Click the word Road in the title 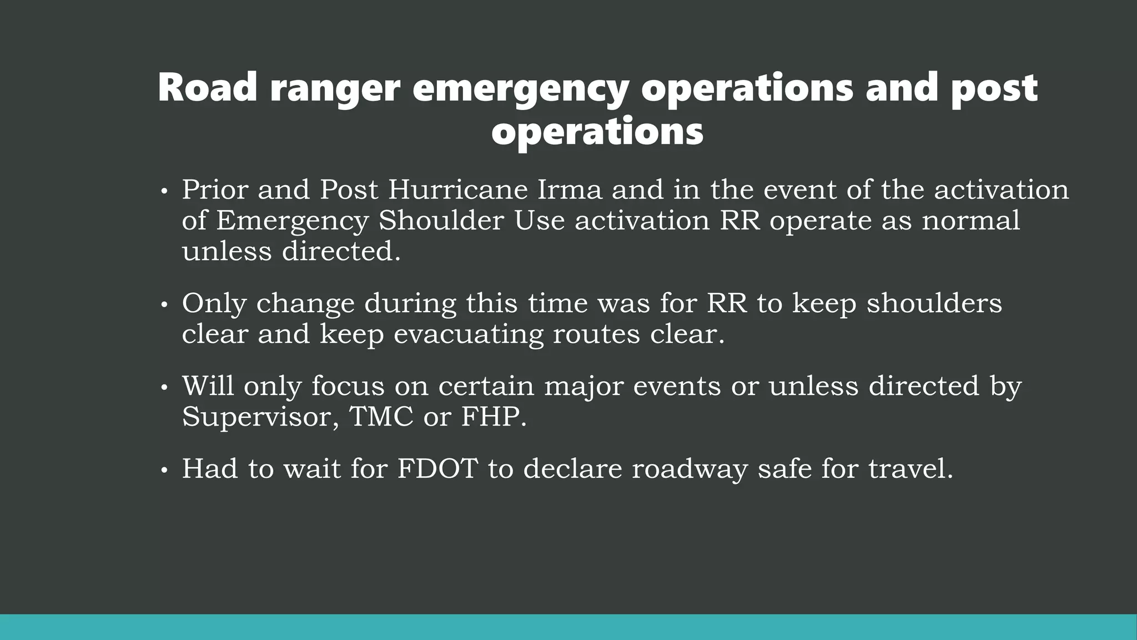(208, 88)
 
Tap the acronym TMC (381, 417)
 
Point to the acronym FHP (494, 417)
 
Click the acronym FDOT (437, 468)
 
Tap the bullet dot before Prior (163, 192)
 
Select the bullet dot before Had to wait (163, 471)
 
